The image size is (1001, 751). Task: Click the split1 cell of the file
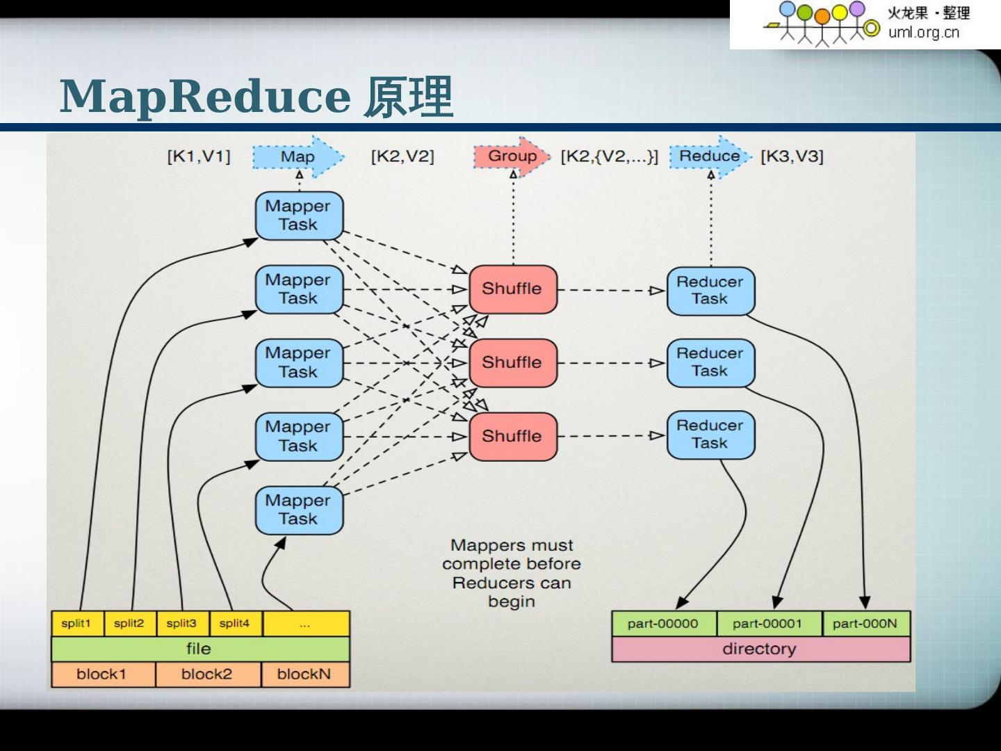pos(76,623)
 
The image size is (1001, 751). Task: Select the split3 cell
pos(182,623)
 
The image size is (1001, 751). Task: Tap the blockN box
pos(304,674)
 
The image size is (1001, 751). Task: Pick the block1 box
pos(102,674)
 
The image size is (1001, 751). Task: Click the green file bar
pos(200,649)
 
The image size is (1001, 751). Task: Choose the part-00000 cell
pos(662,623)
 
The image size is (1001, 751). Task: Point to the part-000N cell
pos(865,623)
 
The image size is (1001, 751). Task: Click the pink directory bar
pos(760,649)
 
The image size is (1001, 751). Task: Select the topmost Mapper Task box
pos(298,215)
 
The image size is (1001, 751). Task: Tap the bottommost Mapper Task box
pos(298,510)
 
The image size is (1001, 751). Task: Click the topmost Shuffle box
pos(512,289)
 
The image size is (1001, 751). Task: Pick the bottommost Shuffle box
pos(512,436)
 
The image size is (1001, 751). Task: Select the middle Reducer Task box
pos(710,362)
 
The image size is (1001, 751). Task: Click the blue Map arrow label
pos(298,156)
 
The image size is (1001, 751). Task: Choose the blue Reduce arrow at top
pos(710,156)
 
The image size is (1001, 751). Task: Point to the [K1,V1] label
pos(199,156)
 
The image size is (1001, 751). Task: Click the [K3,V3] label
pos(792,156)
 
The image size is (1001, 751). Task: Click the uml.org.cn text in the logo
pos(923,32)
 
